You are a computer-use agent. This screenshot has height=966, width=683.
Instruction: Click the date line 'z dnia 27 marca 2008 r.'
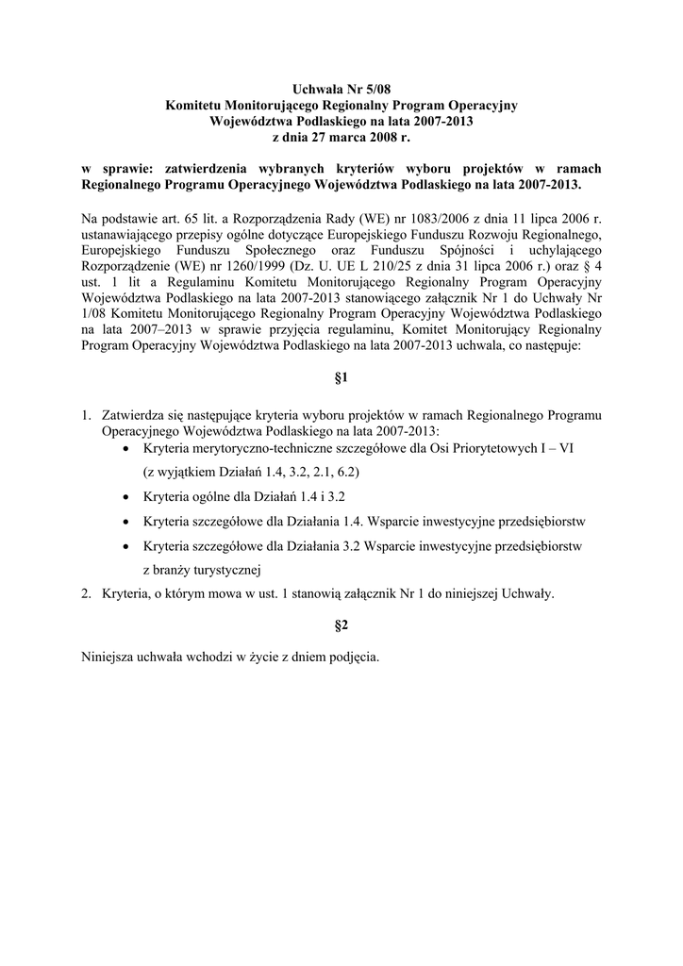[341, 137]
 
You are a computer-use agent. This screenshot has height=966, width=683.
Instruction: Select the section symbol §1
[341, 378]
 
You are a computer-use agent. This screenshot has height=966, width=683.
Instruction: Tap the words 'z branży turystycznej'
[201, 569]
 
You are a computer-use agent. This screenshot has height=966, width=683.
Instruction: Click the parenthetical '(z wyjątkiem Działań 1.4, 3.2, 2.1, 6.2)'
[250, 471]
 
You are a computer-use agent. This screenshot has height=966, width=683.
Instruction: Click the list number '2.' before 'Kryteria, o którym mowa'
[86, 593]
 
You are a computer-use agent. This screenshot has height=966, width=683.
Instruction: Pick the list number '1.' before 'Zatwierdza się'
[86, 414]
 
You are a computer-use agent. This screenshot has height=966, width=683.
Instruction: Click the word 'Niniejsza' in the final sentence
[110, 657]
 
